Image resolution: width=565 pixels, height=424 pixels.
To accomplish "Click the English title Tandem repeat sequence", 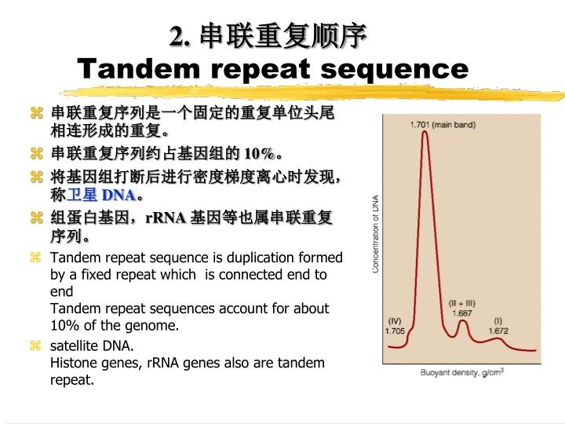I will coord(273,68).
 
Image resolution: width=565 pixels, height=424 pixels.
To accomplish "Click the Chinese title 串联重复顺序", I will coord(271,35).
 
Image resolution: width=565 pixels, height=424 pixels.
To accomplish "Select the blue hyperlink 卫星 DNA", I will coord(101,195).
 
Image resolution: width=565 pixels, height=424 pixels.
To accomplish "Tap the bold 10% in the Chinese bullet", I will coord(259,152).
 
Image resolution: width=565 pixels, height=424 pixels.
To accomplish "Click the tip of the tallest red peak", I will coord(425,132).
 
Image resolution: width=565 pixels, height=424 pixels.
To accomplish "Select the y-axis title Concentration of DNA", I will coord(376,234).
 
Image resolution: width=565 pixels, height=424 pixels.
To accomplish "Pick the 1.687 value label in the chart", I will coord(462,313).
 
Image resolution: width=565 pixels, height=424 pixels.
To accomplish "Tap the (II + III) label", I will coord(462,303).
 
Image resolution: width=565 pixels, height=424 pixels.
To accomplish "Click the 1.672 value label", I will coord(498,331).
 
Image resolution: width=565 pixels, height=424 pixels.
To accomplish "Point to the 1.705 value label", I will coord(395,331).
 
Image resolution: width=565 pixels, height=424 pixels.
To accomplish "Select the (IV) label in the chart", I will coord(395,320).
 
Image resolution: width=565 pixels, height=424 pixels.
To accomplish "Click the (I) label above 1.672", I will coord(498,320).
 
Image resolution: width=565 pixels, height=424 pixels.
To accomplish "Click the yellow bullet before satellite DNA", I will coord(35,346).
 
